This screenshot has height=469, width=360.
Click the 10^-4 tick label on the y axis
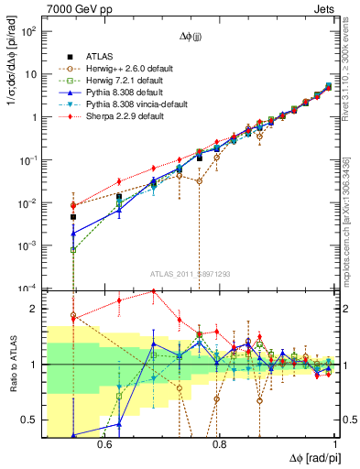(x=27, y=289)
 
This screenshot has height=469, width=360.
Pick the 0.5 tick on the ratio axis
(x=30, y=420)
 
